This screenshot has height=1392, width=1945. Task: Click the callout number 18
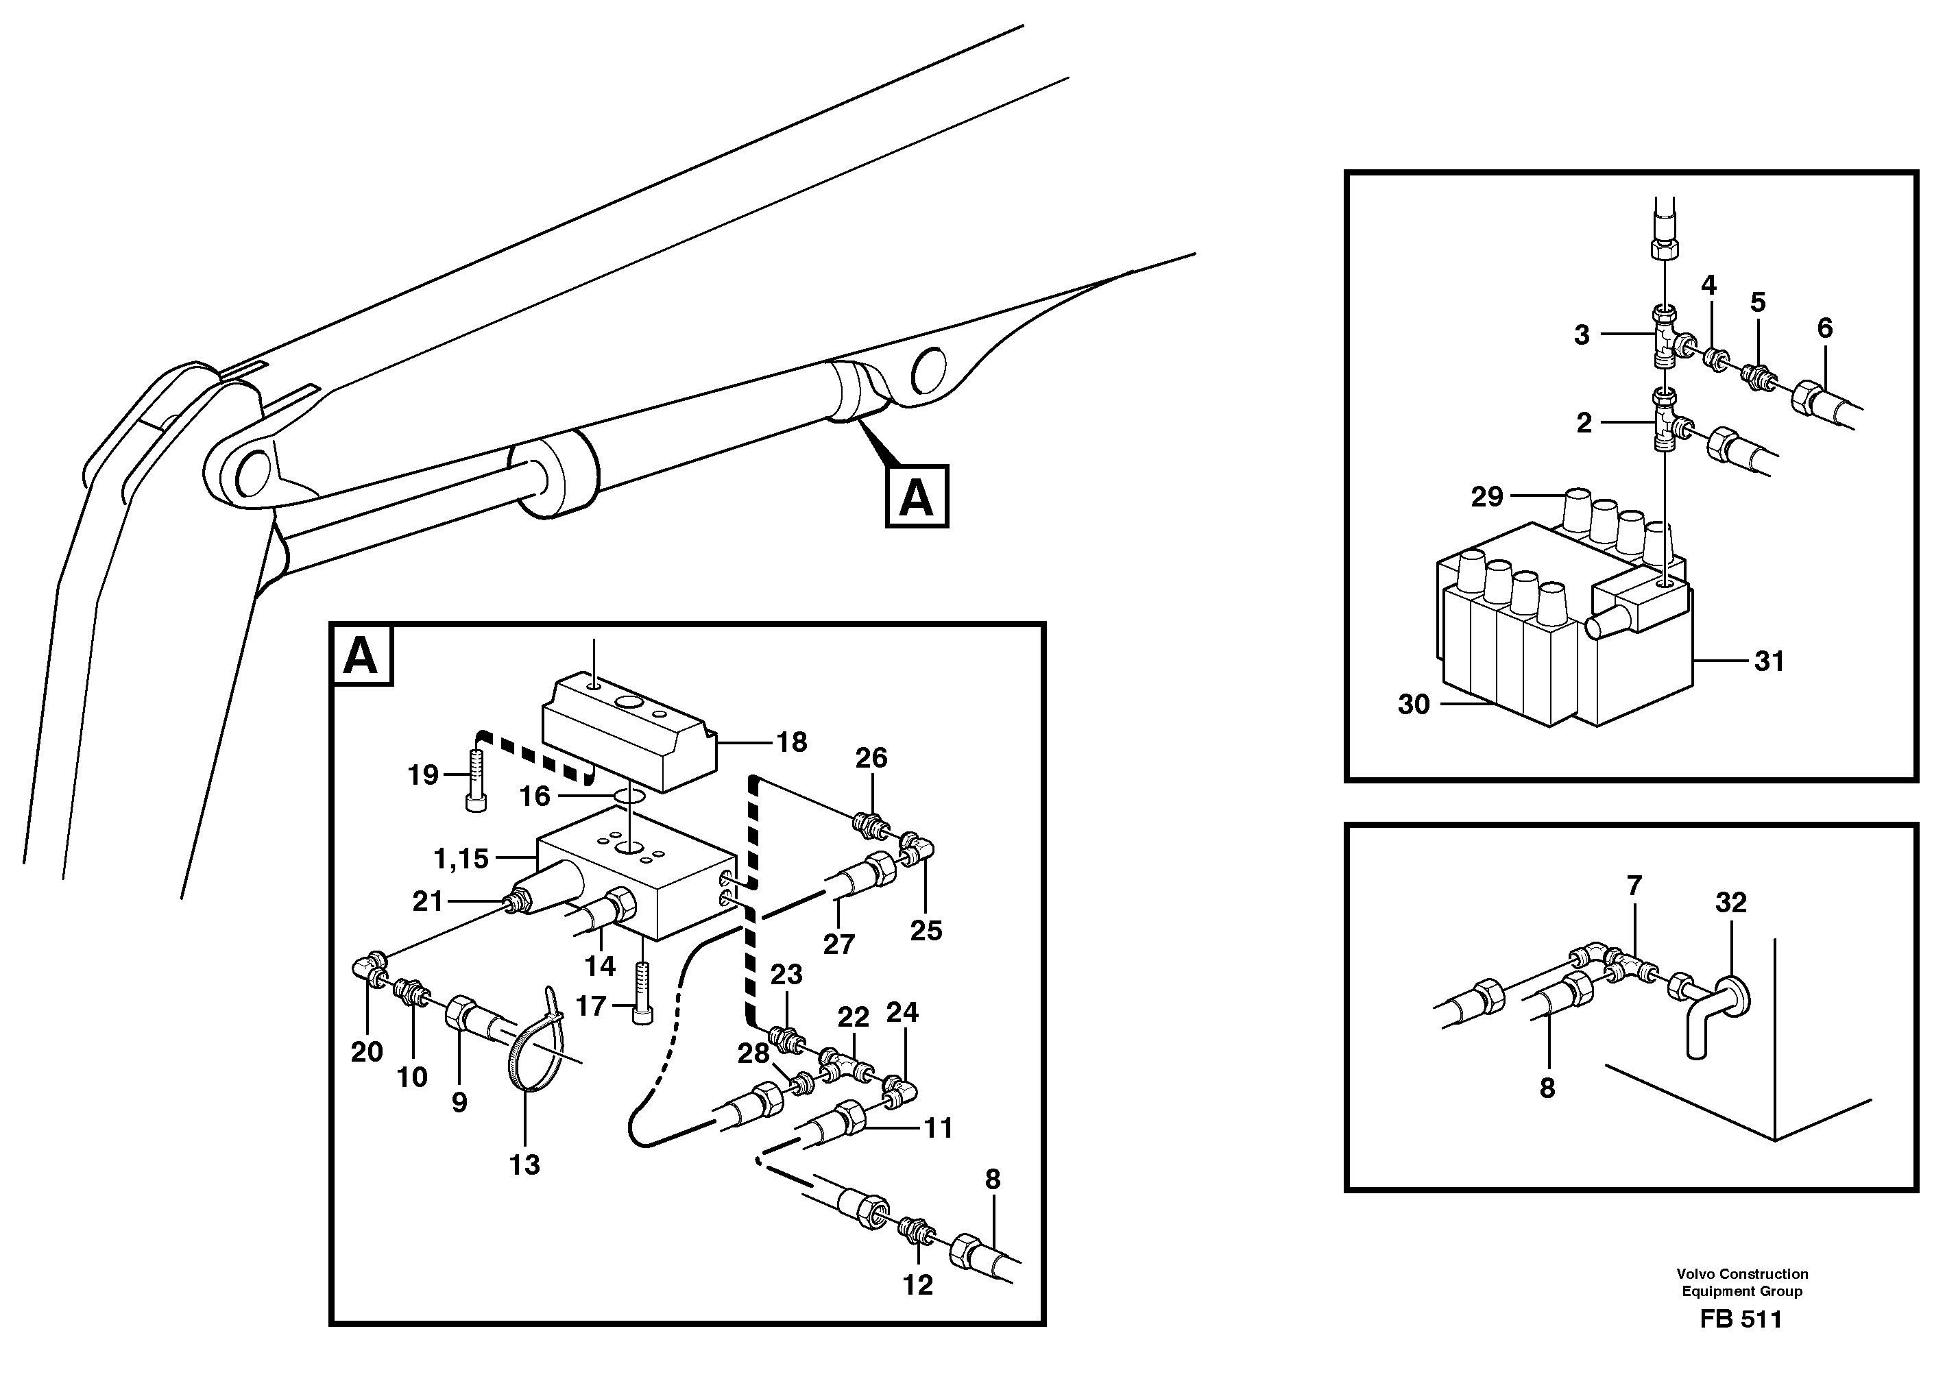(791, 742)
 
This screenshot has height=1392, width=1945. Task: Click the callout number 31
(1769, 661)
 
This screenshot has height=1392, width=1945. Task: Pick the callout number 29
(1487, 496)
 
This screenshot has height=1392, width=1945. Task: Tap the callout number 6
(1825, 328)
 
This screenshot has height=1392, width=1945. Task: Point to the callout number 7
(1634, 886)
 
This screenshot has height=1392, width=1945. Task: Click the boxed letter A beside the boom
(917, 496)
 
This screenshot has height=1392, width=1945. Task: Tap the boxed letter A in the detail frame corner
(361, 656)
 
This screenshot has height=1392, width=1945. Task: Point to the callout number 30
(1414, 705)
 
